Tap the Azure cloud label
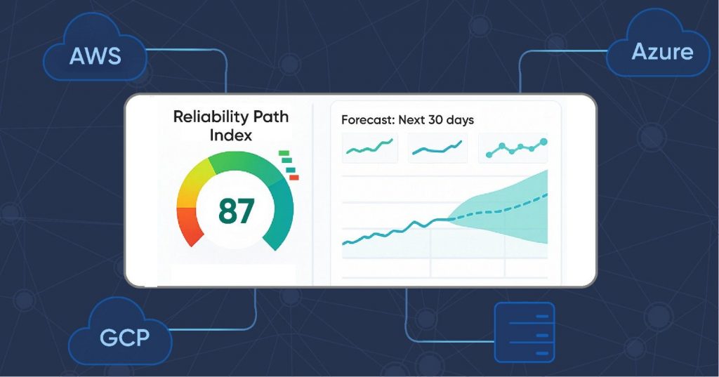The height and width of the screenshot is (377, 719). click(661, 51)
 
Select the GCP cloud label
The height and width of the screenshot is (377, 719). click(125, 337)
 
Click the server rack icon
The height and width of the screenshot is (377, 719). click(524, 331)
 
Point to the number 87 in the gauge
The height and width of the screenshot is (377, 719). click(236, 211)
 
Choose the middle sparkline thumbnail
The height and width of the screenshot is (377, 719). click(438, 147)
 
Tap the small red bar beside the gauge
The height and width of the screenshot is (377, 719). click(293, 177)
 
